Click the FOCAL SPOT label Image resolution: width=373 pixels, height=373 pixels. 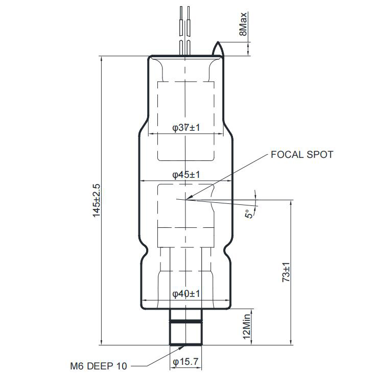(302, 155)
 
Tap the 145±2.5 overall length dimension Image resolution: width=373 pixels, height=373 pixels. (97, 200)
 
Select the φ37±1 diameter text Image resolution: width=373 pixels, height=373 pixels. (186, 128)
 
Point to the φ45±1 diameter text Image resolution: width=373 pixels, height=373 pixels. (186, 175)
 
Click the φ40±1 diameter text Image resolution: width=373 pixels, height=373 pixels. (186, 294)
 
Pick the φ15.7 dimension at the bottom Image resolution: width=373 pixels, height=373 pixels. (185, 362)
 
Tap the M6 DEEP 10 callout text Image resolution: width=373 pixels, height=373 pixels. (99, 366)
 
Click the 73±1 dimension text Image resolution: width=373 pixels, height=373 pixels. (286, 272)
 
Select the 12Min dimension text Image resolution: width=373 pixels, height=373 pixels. (246, 327)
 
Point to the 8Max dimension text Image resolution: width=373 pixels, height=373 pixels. (243, 24)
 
